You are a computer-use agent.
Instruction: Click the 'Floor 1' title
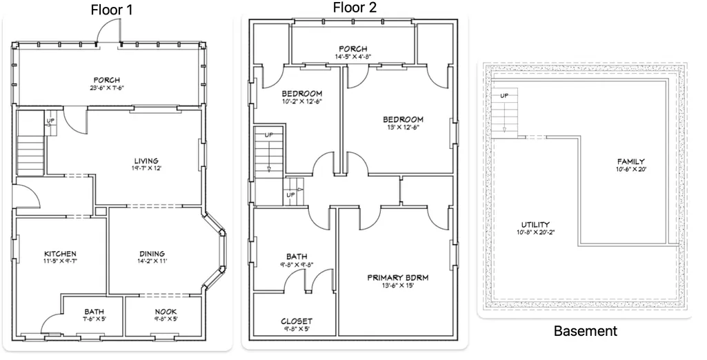point(112,10)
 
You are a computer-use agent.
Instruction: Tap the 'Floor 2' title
point(355,7)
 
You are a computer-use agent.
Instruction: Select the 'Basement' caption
point(585,331)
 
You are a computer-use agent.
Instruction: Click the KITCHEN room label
point(60,254)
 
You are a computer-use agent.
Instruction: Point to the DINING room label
point(152,254)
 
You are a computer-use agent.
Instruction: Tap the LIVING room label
point(146,161)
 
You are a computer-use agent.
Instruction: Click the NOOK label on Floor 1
point(166,312)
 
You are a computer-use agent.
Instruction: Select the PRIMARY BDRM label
point(398,277)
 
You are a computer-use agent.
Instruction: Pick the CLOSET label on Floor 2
point(297,321)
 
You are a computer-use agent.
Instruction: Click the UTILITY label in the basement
point(536,225)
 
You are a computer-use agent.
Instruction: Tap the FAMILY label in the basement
point(631,161)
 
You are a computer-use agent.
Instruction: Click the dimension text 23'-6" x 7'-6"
point(107,88)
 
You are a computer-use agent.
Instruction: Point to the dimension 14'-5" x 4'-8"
point(352,57)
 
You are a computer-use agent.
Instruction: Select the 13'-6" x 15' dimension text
point(398,286)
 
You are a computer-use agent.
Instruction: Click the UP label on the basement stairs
point(504,96)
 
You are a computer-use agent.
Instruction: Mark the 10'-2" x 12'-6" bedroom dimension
point(301,101)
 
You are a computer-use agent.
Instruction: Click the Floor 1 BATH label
point(94,312)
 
